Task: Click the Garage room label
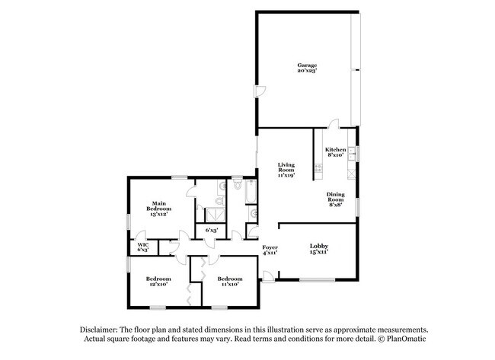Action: (x=307, y=65)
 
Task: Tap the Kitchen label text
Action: (x=336, y=149)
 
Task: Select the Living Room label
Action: (x=286, y=165)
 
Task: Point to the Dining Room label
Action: (x=336, y=195)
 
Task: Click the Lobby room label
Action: (x=318, y=245)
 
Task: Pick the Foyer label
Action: (x=270, y=247)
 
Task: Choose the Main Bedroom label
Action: (x=158, y=203)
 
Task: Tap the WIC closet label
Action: (x=142, y=245)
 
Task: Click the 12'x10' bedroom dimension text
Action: (x=158, y=284)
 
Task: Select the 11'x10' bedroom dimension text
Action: (x=230, y=284)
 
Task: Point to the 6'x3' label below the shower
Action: (x=212, y=230)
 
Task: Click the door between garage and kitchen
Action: (x=334, y=123)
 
